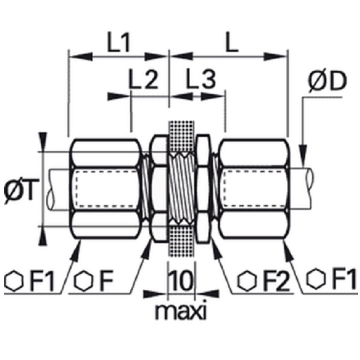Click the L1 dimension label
point(119,43)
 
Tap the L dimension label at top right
point(232,43)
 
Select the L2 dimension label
point(143,79)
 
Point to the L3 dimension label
point(201,79)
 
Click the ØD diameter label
point(327,81)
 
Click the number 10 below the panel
point(181,280)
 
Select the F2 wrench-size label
point(277,281)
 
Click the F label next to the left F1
point(107,281)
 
